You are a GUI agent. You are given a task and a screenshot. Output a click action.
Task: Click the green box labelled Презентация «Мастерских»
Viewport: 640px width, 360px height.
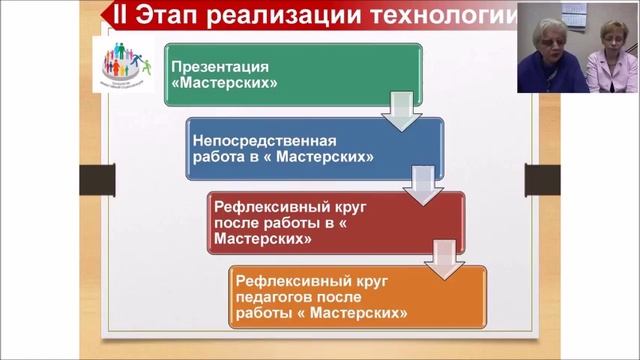tap(290, 75)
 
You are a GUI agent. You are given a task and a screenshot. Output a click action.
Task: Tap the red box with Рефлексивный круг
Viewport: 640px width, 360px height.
tap(336, 222)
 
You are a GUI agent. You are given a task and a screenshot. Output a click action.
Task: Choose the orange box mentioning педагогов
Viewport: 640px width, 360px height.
tap(357, 297)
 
